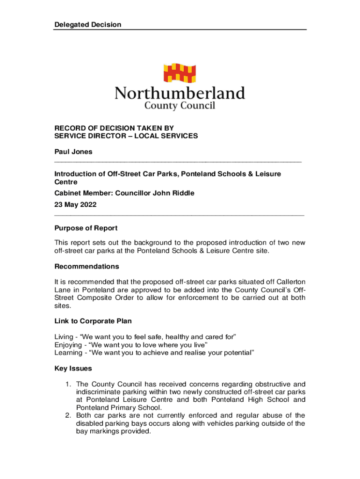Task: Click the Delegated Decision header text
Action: pyautogui.click(x=87, y=24)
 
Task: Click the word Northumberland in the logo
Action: pyautogui.click(x=180, y=93)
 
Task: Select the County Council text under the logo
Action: pyautogui.click(x=180, y=106)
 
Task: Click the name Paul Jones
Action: pyautogui.click(x=73, y=152)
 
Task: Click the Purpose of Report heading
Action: pyautogui.click(x=86, y=228)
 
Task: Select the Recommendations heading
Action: pyautogui.click(x=87, y=267)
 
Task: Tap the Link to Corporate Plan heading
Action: pyautogui.click(x=93, y=321)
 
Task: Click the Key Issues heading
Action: pyautogui.click(x=73, y=369)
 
